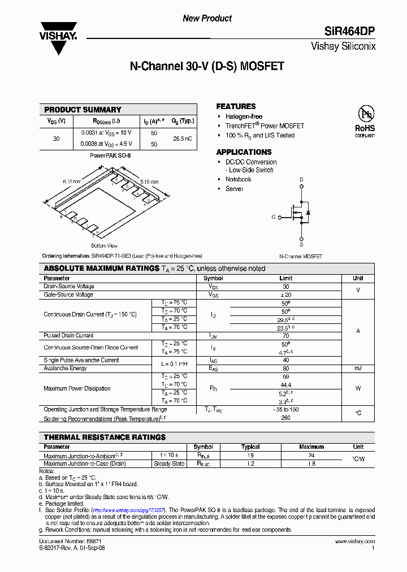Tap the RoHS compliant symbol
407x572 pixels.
coord(365,120)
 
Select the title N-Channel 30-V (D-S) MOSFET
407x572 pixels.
coord(207,66)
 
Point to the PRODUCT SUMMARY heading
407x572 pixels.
coord(83,110)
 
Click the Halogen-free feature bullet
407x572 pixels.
coord(244,116)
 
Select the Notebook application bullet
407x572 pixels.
coord(238,179)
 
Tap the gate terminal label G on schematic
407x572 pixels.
coord(274,216)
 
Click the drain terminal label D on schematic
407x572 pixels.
coord(301,180)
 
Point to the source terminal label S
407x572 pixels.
coord(301,245)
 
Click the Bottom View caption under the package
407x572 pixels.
coord(104,246)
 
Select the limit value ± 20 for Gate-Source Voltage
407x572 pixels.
coord(285,294)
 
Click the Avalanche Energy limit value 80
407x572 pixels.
coord(285,368)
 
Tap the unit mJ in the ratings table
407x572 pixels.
coord(358,368)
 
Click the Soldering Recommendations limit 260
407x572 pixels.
coord(285,418)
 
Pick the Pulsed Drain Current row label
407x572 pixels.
coord(68,335)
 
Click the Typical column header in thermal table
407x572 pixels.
coord(250,447)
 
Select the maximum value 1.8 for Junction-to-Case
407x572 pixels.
coord(311,463)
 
